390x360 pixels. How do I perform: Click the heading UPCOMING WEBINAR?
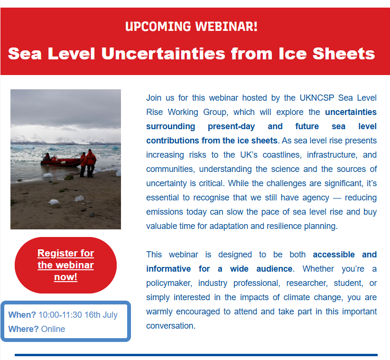(191, 27)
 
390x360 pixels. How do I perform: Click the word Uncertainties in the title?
(163, 54)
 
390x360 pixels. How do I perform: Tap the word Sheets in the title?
(344, 54)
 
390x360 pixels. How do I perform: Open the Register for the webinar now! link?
(65, 265)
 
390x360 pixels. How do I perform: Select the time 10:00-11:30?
(60, 315)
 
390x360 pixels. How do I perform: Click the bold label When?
(22, 315)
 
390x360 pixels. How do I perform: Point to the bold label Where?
(23, 329)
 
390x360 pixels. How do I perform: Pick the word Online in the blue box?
(53, 329)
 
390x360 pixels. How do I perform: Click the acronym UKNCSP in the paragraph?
(316, 98)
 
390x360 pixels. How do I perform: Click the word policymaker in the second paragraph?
(169, 284)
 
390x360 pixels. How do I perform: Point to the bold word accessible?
(334, 255)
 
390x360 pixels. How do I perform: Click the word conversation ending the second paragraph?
(171, 326)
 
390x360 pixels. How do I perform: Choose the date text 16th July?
(101, 315)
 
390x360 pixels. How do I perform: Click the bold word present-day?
(232, 126)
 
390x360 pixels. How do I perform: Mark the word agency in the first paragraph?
(316, 198)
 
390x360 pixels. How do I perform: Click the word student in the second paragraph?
(348, 284)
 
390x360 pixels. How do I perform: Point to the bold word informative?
(168, 269)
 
